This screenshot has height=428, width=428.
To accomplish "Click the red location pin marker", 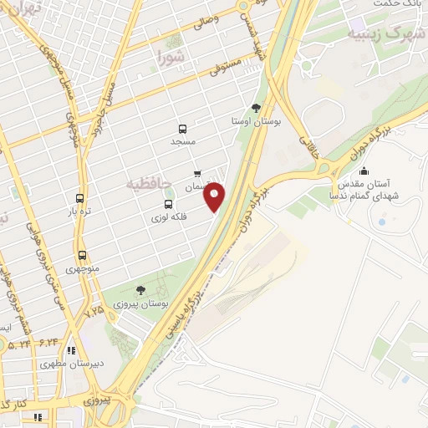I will pyautogui.click(x=216, y=196).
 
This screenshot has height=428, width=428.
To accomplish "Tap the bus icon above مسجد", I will pyautogui.click(x=183, y=129).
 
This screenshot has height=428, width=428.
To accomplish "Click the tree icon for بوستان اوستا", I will pyautogui.click(x=256, y=108).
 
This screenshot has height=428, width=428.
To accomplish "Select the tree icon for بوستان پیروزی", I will pyautogui.click(x=140, y=289).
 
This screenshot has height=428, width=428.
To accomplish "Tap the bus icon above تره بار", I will pyautogui.click(x=79, y=199).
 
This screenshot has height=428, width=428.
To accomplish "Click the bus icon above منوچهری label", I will pyautogui.click(x=82, y=255).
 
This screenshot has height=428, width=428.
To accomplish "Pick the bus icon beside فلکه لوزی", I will pyautogui.click(x=169, y=203).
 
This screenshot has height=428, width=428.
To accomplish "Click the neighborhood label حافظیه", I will pyautogui.click(x=149, y=183).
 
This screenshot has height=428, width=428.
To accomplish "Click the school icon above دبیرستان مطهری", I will pyautogui.click(x=71, y=350).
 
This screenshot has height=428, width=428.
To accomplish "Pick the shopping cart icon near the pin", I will pyautogui.click(x=197, y=175).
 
